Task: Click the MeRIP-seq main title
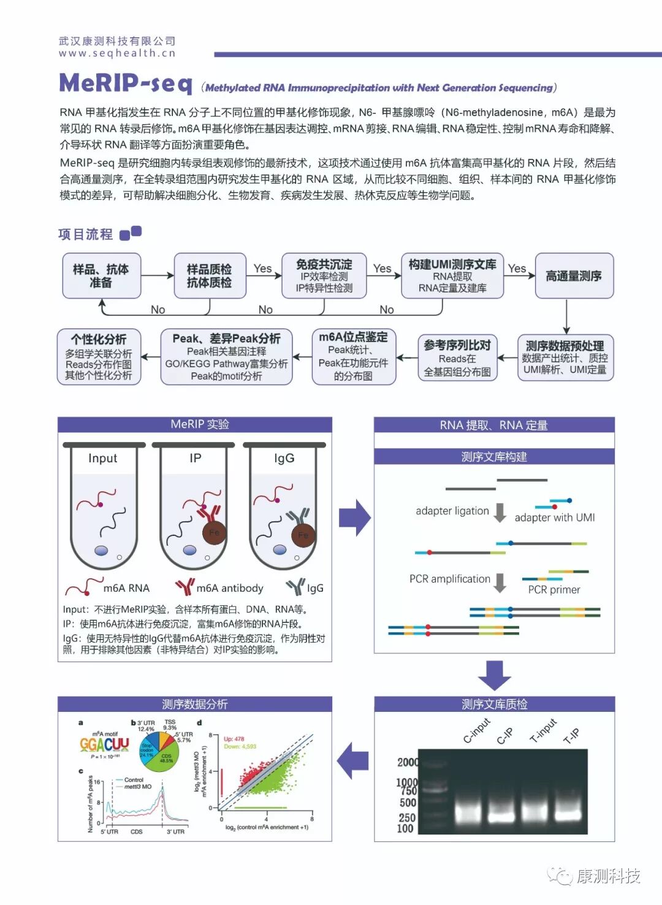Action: pyautogui.click(x=126, y=83)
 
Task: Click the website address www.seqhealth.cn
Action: pyautogui.click(x=117, y=53)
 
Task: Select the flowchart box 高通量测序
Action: pyautogui.click(x=574, y=276)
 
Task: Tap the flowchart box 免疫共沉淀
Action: pyautogui.click(x=324, y=275)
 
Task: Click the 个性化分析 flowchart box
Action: pyautogui.click(x=99, y=357)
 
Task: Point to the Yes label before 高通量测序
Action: pyautogui.click(x=517, y=268)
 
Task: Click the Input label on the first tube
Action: pyautogui.click(x=102, y=458)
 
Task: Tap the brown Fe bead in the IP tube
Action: pyautogui.click(x=214, y=532)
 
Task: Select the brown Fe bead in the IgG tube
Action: pyautogui.click(x=303, y=535)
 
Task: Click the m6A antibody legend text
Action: pyautogui.click(x=229, y=588)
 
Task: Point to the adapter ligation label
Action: pyautogui.click(x=452, y=511)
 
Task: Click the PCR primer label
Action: pyautogui.click(x=554, y=589)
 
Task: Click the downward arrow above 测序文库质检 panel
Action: pyautogui.click(x=494, y=676)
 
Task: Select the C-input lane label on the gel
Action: pyautogui.click(x=476, y=730)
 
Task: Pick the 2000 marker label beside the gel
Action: pyautogui.click(x=408, y=762)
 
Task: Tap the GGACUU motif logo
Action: pyautogui.click(x=104, y=744)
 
